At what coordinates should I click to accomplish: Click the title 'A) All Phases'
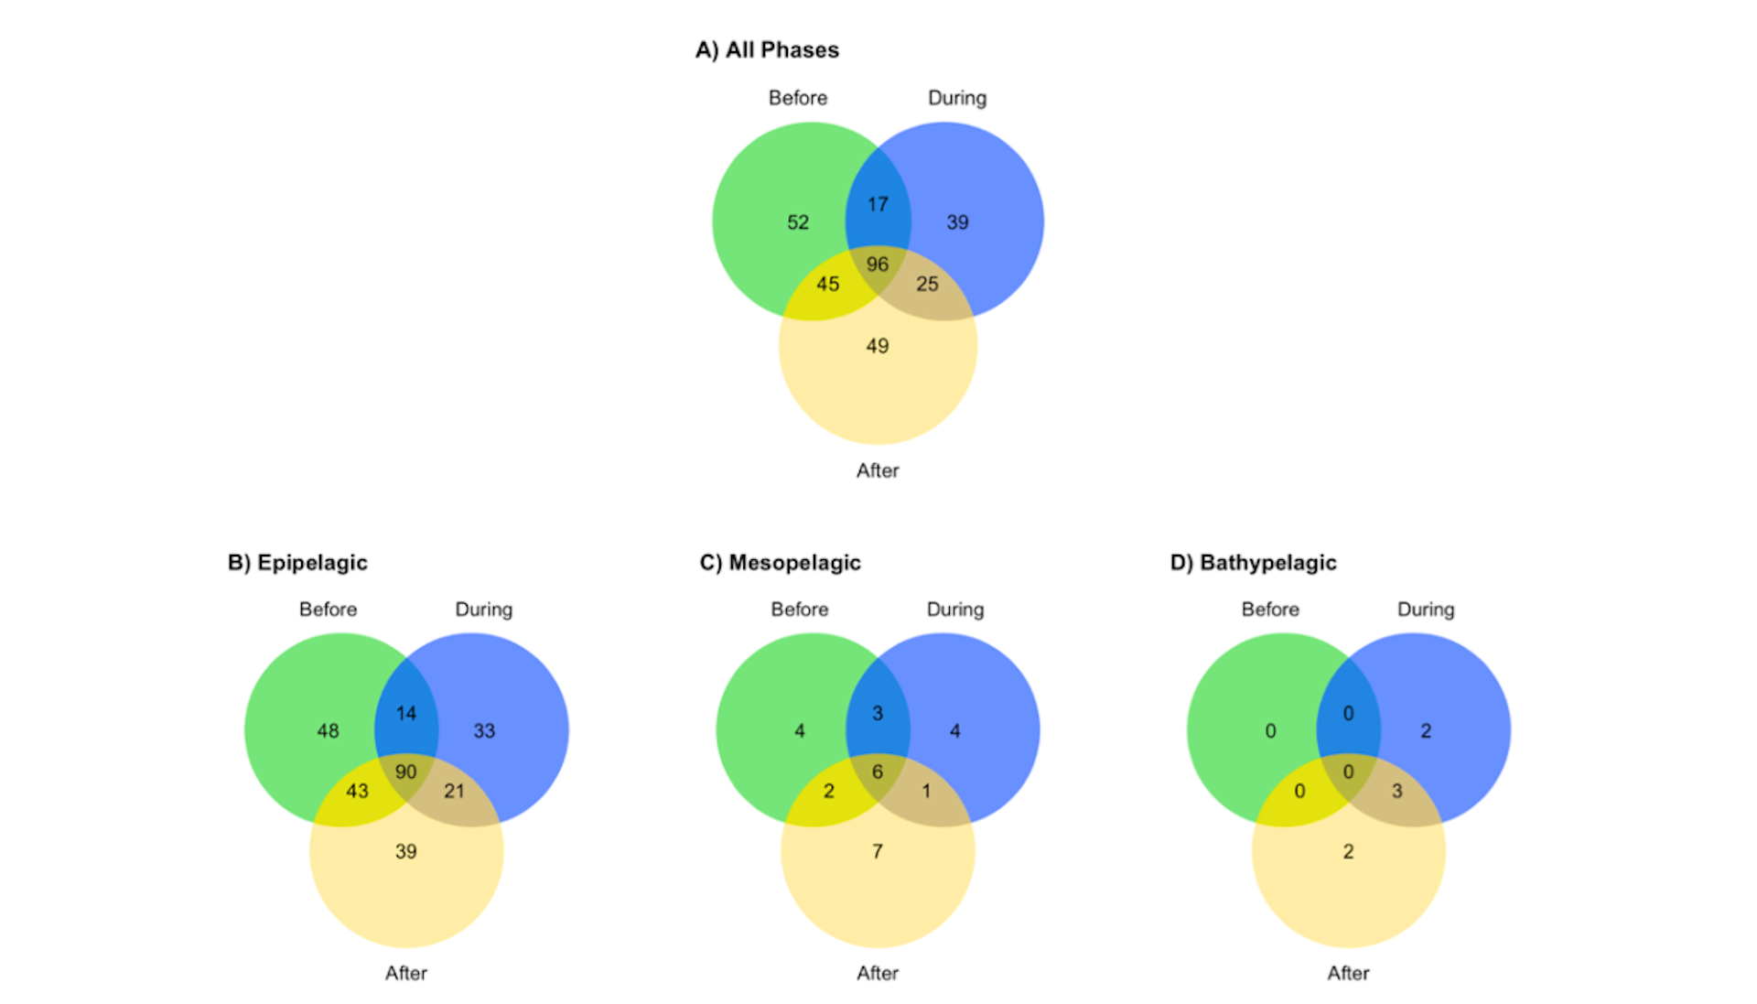point(767,50)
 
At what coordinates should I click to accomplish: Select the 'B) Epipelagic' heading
point(297,563)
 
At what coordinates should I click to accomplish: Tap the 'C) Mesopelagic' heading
point(781,563)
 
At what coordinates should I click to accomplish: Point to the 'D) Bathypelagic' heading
point(1253,563)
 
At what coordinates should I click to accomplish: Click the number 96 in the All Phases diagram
point(878,264)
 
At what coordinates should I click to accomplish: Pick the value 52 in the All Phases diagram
point(798,222)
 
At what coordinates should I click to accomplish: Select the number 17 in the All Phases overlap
point(878,204)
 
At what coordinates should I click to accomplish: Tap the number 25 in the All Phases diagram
point(927,285)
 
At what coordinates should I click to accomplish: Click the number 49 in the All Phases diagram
point(878,346)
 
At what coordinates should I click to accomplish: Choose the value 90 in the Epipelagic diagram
point(405,772)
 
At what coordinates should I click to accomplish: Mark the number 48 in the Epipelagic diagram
point(328,731)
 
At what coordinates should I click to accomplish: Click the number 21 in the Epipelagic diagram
point(454,792)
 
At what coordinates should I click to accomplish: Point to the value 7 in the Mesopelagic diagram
point(878,852)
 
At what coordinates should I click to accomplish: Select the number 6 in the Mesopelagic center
point(878,772)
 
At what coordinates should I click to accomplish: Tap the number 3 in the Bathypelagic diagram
point(1397,792)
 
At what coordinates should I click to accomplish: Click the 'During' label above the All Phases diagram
point(957,98)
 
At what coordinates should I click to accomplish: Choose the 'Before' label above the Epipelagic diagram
point(328,610)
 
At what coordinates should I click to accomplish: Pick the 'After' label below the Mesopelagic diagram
point(878,973)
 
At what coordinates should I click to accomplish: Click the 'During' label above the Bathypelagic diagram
point(1426,610)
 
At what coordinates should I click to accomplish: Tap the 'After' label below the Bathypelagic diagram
point(1349,973)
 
